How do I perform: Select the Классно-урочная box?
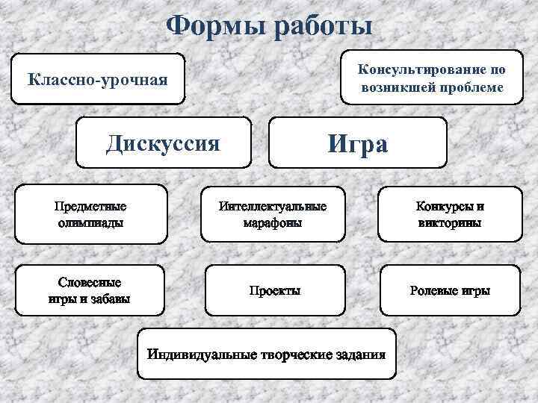[98, 79]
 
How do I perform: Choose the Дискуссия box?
[164, 142]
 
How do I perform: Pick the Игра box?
[357, 142]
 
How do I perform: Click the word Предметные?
[90, 206]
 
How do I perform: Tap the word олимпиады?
[90, 222]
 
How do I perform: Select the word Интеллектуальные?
[273, 206]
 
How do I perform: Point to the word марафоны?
[273, 222]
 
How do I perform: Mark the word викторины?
[450, 222]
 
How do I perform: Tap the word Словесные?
[90, 283]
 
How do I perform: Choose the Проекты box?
[274, 290]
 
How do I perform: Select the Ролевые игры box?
[450, 290]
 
